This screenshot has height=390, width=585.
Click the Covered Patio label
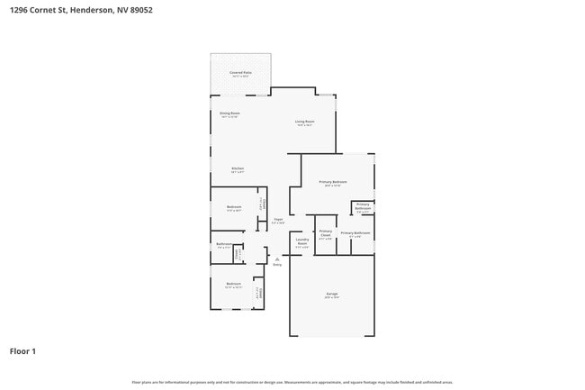(x=239, y=72)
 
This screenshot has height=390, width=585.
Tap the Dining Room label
(x=229, y=113)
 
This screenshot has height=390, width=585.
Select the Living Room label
(x=304, y=122)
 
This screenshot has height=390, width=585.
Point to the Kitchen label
(x=238, y=168)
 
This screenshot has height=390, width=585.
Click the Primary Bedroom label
(x=333, y=183)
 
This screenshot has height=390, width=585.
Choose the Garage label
(x=331, y=294)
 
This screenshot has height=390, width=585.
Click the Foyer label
(x=279, y=219)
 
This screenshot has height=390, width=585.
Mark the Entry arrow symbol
(x=276, y=259)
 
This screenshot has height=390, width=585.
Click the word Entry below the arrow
(x=276, y=266)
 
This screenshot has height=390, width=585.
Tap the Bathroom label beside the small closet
(x=223, y=244)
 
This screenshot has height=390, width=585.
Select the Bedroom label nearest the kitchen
(x=234, y=207)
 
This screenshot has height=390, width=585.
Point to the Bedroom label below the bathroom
(x=234, y=284)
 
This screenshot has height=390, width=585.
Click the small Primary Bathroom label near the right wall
(x=363, y=206)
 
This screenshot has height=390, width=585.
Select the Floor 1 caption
(x=23, y=350)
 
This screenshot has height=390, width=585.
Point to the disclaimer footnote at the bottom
(x=292, y=382)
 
